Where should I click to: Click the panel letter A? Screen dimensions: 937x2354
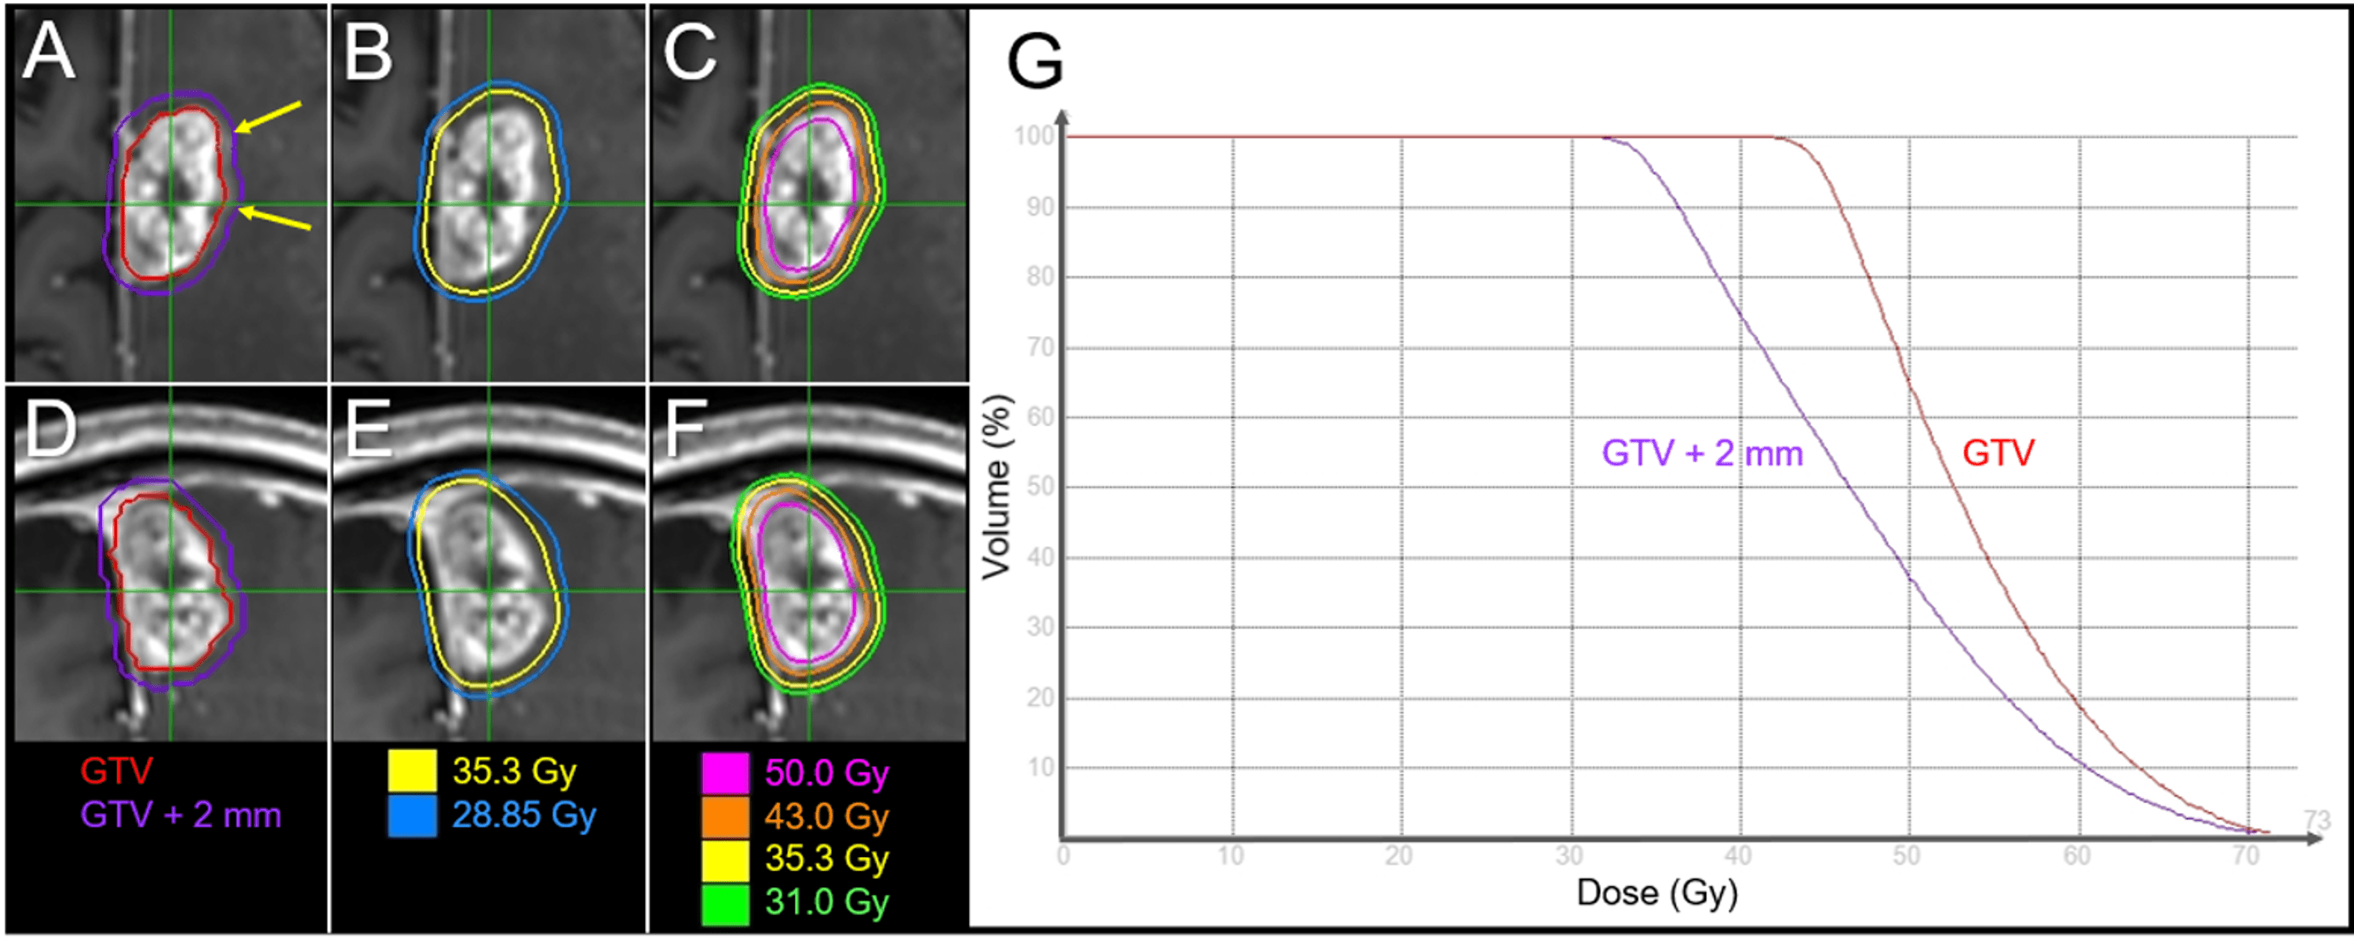click(x=48, y=52)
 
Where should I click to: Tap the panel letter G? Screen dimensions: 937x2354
click(x=1034, y=61)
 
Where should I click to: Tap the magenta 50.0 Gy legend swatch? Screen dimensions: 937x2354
click(x=725, y=772)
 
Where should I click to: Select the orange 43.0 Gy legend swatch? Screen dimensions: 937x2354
click(x=725, y=815)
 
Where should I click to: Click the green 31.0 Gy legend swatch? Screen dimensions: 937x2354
click(x=725, y=902)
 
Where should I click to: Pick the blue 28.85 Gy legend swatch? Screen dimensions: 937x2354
click(x=412, y=815)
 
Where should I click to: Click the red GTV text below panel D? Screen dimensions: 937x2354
click(x=116, y=771)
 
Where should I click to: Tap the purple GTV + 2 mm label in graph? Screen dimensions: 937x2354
click(x=1701, y=454)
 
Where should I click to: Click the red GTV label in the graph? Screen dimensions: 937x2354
click(x=1998, y=454)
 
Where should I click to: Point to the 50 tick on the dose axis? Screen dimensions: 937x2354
click(x=1905, y=856)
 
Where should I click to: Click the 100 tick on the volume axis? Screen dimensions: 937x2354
click(x=1033, y=137)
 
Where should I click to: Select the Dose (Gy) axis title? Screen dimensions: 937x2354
click(x=1656, y=893)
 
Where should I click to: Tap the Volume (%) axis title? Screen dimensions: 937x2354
click(x=997, y=487)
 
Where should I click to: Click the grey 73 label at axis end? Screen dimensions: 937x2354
click(x=2317, y=819)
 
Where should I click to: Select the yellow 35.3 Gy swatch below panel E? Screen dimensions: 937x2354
click(x=412, y=771)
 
